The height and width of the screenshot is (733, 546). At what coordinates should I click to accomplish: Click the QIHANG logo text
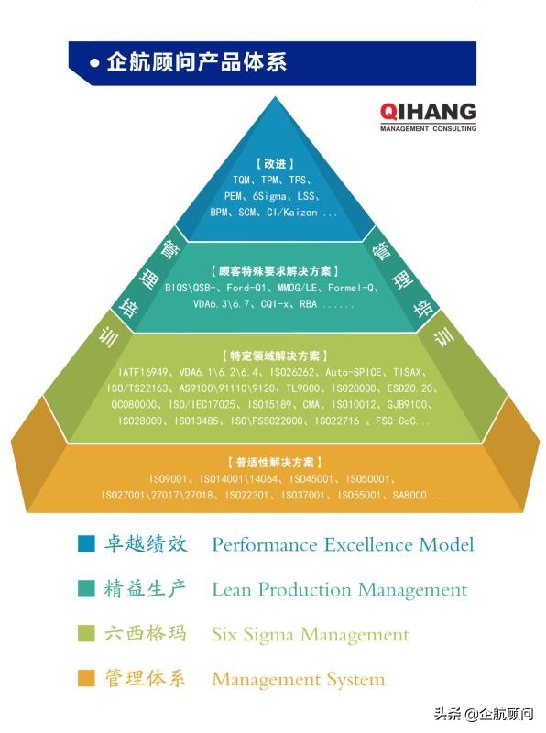tap(428, 112)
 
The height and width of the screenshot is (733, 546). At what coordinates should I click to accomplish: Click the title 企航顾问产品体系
tap(197, 63)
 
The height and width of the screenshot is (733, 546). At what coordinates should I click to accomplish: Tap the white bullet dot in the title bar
tap(94, 64)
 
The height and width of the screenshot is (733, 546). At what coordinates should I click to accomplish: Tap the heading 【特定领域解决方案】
tap(274, 356)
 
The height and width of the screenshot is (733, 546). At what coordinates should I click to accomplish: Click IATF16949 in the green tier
tap(145, 372)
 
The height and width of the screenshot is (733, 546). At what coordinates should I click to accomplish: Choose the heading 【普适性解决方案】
tap(274, 463)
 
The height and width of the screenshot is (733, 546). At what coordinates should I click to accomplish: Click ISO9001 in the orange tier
tap(169, 478)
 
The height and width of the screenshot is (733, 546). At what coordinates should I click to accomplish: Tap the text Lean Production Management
tap(339, 590)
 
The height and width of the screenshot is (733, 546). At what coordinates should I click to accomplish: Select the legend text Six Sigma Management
tap(310, 634)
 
